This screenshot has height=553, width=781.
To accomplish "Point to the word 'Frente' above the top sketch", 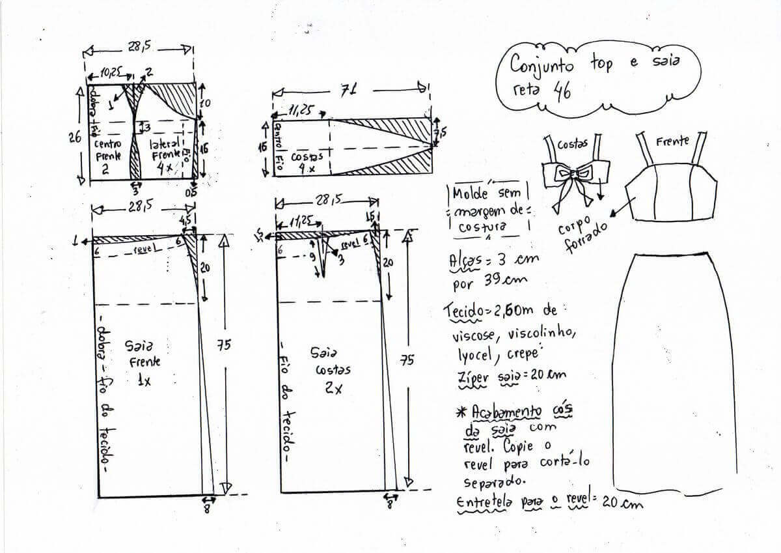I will [672, 141].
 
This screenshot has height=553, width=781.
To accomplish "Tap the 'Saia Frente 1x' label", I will [143, 362].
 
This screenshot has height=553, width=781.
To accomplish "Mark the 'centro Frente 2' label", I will [107, 157].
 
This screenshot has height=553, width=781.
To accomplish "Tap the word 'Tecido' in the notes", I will [464, 311].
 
